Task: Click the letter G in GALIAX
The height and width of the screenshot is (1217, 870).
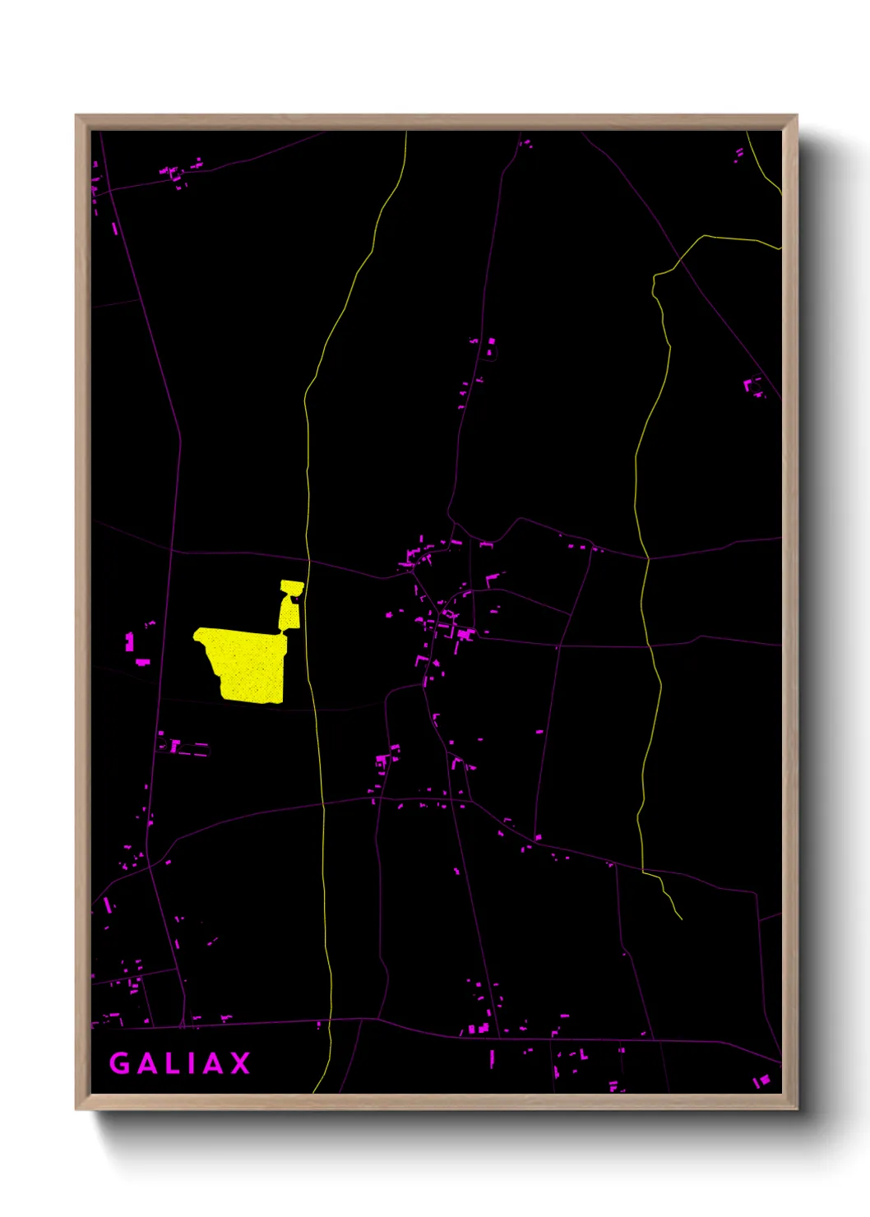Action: [x=120, y=1063]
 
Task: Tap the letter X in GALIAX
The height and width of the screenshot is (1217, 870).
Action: [x=240, y=1063]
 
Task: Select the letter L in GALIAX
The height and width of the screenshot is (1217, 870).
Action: [x=172, y=1063]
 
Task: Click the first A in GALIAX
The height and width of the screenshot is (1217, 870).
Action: [x=146, y=1063]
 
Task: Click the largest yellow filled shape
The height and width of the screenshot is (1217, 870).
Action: [x=247, y=663]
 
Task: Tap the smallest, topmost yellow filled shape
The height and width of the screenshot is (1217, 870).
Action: [x=292, y=587]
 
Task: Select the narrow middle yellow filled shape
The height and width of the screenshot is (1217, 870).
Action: [x=289, y=613]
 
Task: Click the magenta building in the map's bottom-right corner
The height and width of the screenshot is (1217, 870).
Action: [x=762, y=1080]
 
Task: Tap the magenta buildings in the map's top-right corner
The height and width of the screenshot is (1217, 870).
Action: [x=739, y=154]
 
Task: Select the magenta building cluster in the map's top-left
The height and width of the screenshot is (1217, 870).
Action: [x=177, y=174]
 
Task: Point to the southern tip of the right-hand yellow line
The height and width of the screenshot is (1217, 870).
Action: [x=681, y=918]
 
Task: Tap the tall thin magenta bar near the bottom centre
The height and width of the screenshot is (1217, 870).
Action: [x=492, y=1058]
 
